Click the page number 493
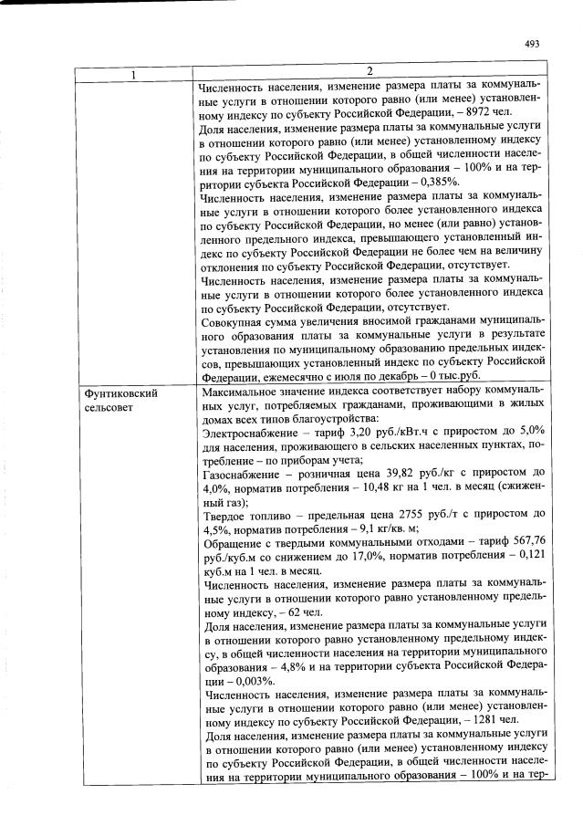[x=533, y=43]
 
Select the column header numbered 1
[x=135, y=73]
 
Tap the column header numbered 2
[x=370, y=72]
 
